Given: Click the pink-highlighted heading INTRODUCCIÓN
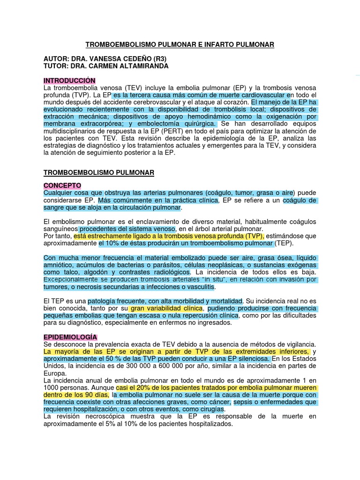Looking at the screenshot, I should (69, 81).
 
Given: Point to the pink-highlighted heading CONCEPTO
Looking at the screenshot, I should (62, 186).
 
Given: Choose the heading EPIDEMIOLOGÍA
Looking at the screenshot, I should (70, 337).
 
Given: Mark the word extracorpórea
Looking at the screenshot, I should (82, 124).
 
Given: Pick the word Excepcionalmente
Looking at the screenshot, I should (73, 280).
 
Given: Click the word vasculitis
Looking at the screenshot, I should (197, 287).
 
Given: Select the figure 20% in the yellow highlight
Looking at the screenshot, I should (141, 388).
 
